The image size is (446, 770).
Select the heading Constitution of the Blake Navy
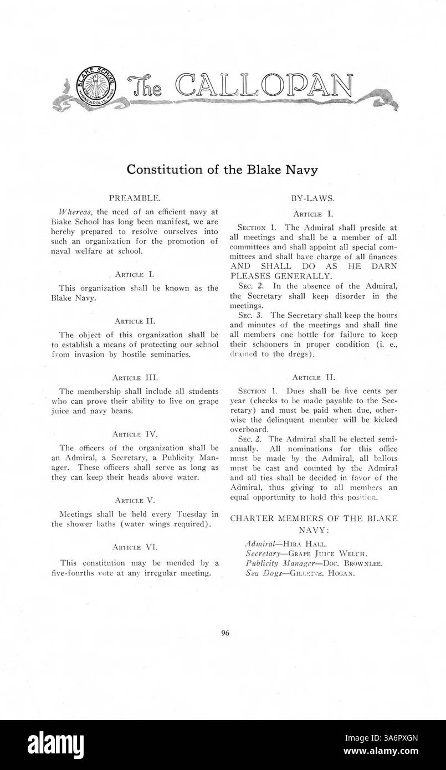click(x=222, y=170)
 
